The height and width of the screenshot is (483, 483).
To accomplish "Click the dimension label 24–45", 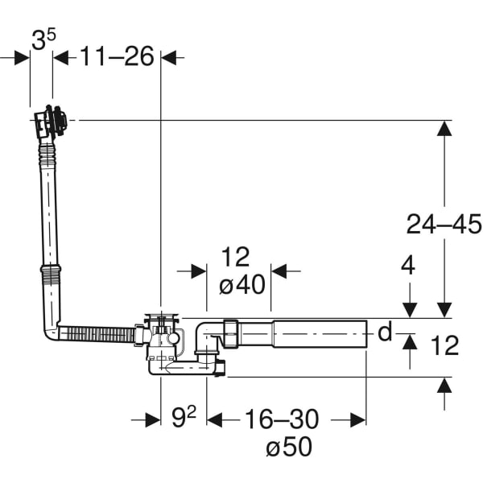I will click(443, 225).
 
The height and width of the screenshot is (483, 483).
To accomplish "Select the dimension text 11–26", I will click(116, 58).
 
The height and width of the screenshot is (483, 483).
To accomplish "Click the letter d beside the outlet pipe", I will click(385, 332).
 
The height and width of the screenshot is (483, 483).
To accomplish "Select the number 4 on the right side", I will click(408, 266).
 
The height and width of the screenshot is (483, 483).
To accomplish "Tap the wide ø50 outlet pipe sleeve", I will click(320, 333).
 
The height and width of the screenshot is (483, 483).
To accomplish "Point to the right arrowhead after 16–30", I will click(360, 419).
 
